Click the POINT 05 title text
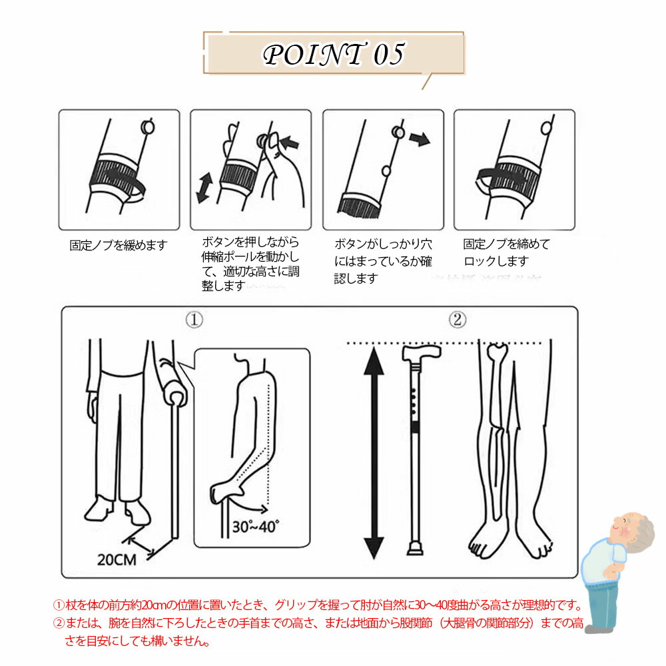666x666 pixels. [334, 55]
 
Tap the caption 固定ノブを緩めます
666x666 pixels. [119, 245]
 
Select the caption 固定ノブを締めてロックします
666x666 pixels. [506, 252]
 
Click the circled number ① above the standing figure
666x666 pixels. [194, 320]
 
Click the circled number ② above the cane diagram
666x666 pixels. [458, 319]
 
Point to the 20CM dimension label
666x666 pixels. [117, 560]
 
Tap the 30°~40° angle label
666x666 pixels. [255, 527]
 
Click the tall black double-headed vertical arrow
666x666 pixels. [374, 452]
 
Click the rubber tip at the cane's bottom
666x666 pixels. [416, 549]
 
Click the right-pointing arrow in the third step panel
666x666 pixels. [420, 139]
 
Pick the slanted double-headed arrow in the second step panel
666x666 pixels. [204, 187]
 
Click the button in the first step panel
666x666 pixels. [147, 127]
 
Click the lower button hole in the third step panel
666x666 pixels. [386, 171]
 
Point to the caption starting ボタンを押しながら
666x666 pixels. [250, 264]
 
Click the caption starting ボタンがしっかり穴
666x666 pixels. [383, 261]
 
